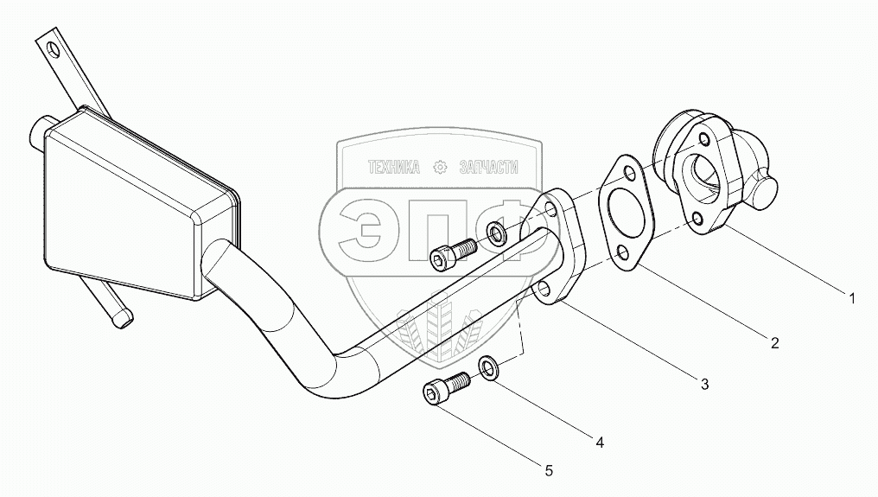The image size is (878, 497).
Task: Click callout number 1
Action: coord(851,300)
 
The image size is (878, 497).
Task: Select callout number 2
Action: coord(774,343)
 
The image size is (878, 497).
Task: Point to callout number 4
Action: coord(598,442)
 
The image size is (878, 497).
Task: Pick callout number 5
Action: coord(548,471)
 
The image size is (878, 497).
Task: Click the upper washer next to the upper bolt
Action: coord(497,232)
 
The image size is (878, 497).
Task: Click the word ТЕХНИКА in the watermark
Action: coord(394,168)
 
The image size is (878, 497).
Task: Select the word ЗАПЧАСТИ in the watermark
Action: coord(489,168)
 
